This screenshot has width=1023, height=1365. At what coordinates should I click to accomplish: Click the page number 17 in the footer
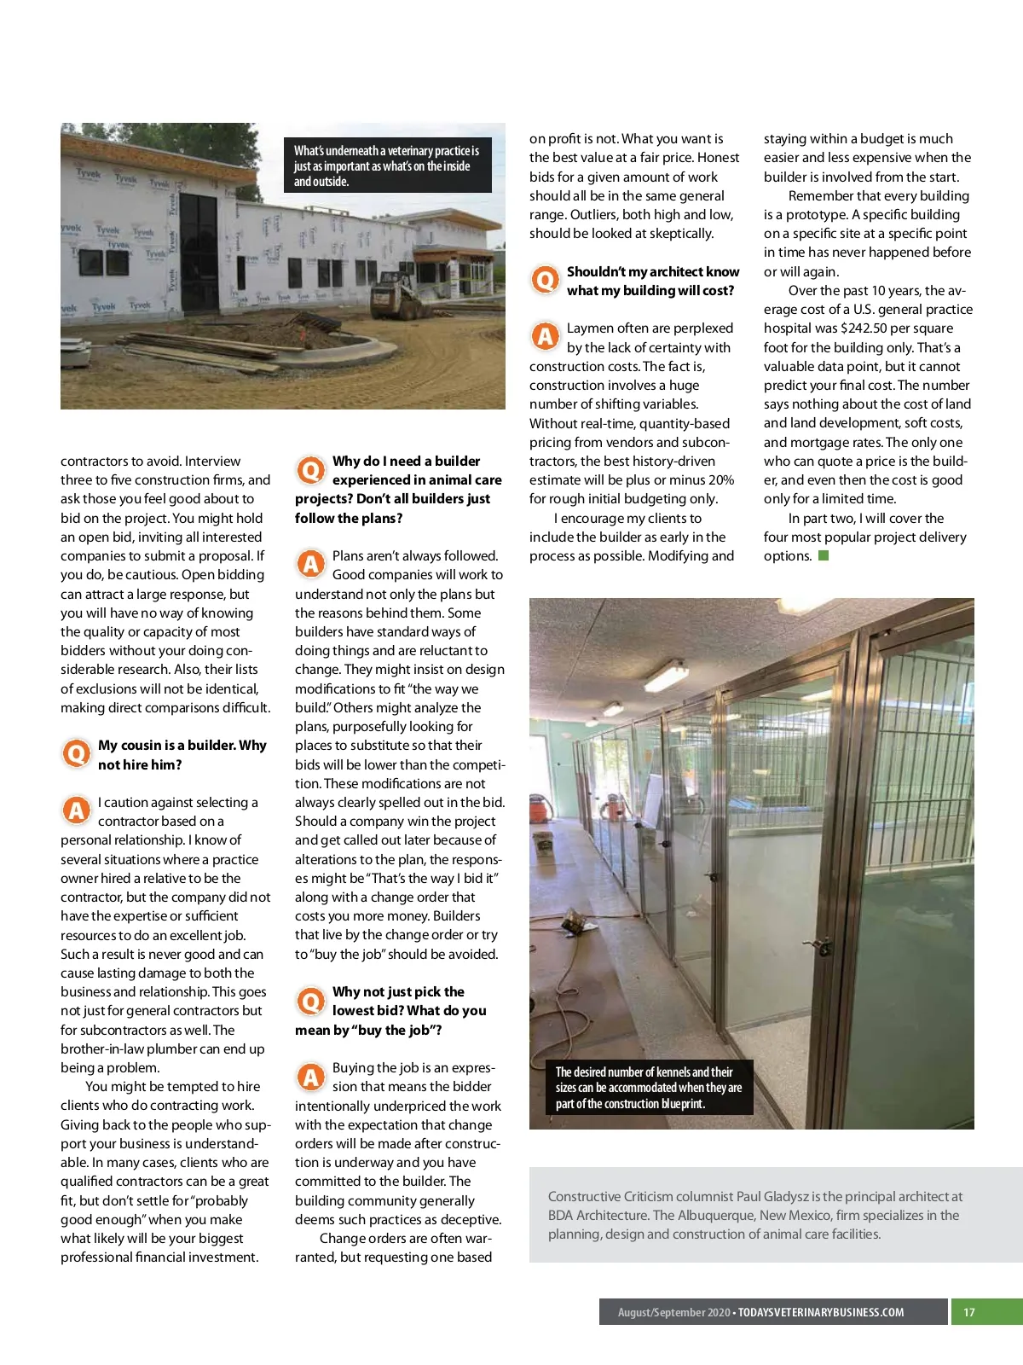click(968, 1312)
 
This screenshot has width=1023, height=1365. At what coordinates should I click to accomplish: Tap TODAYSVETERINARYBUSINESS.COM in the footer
click(821, 1312)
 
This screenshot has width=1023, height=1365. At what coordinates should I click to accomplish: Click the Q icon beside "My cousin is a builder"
click(77, 753)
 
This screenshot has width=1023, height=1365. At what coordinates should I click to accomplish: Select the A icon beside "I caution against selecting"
click(77, 810)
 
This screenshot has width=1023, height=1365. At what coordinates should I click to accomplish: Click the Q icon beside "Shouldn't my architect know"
click(545, 279)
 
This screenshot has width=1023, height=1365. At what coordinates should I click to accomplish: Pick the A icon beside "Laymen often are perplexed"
click(545, 336)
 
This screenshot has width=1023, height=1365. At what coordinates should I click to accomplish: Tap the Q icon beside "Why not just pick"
click(311, 1000)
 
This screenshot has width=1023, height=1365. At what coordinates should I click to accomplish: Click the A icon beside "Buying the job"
click(311, 1076)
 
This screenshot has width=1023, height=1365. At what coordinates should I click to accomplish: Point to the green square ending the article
click(824, 556)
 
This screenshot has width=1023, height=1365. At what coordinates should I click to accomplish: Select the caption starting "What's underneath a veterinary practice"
click(387, 166)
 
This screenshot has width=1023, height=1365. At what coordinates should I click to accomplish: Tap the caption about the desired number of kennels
click(649, 1088)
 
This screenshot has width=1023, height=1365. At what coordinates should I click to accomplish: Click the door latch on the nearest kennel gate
click(822, 944)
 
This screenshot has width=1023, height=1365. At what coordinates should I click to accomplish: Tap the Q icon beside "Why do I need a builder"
click(311, 469)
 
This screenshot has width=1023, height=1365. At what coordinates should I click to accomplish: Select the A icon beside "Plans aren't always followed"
click(311, 563)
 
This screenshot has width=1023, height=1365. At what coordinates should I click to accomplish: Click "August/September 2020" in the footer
click(673, 1312)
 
